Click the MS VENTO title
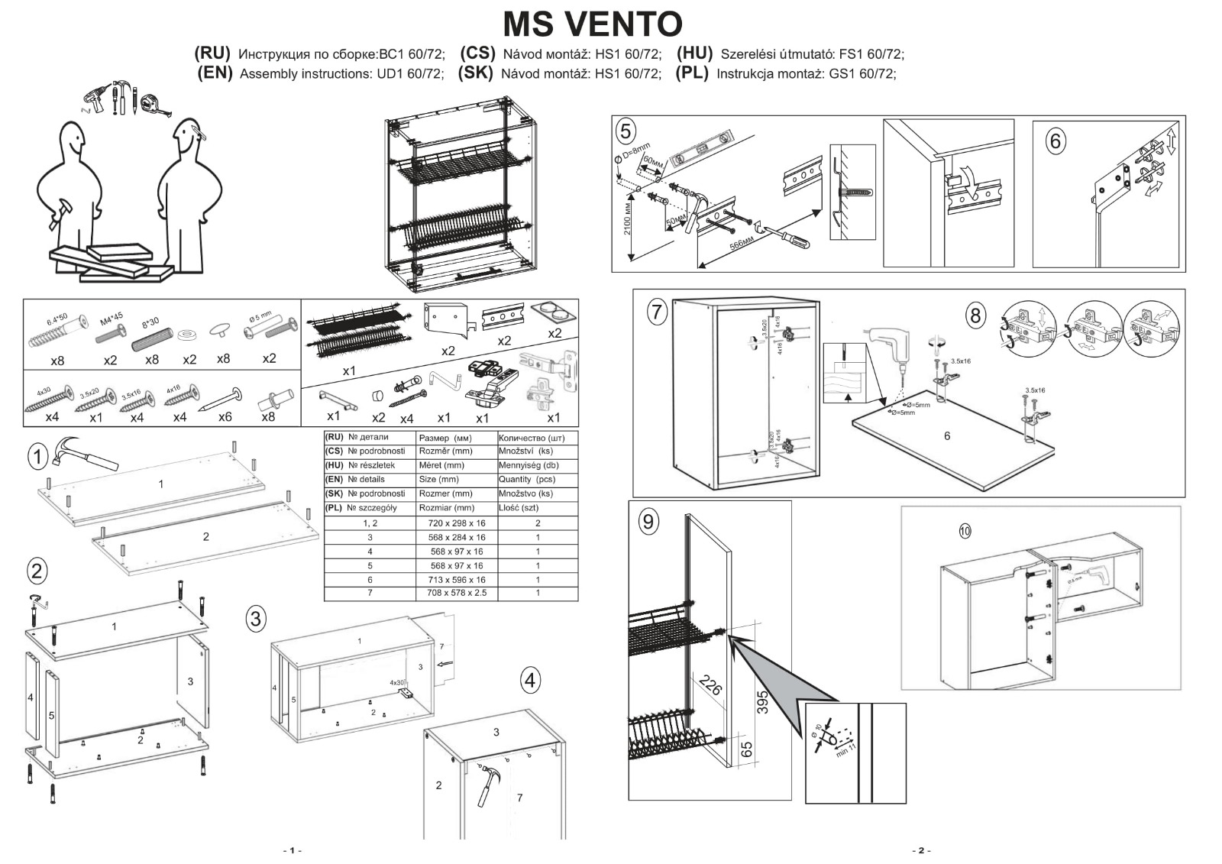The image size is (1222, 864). tap(592, 24)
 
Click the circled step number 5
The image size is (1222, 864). tap(626, 131)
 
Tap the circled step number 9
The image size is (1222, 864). tap(648, 522)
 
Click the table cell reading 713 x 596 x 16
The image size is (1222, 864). tap(457, 580)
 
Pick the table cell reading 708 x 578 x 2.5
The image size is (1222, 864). tap(457, 594)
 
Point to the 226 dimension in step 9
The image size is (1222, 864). tap(711, 685)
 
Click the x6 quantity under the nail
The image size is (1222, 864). tap(225, 417)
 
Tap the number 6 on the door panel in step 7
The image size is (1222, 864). tap(947, 436)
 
